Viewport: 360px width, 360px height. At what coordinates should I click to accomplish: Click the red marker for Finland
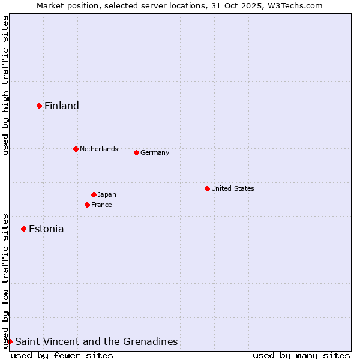pos(40,106)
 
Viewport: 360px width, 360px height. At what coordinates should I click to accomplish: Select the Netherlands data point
pos(76,149)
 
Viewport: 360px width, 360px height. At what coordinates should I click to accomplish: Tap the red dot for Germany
pos(136,152)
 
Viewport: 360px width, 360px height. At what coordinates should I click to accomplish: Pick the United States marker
pos(207,188)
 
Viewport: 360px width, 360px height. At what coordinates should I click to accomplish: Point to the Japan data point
pos(94,194)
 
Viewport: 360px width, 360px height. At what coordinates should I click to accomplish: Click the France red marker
pos(87,205)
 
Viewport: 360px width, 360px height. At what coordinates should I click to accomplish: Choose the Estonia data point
pos(24,229)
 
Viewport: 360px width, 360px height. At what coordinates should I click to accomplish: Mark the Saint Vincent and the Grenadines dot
pos(10,341)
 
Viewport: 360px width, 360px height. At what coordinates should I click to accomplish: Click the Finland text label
pos(62,106)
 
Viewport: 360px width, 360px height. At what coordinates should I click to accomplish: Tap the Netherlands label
pos(99,149)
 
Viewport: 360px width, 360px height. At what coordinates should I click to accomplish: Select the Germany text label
pos(155,152)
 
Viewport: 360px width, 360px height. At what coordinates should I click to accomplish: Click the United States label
pos(233,188)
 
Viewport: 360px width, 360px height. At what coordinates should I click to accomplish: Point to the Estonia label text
pos(46,229)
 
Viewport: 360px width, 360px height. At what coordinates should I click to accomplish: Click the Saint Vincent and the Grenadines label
pos(96,342)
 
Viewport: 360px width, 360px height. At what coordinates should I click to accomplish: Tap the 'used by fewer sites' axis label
pos(62,355)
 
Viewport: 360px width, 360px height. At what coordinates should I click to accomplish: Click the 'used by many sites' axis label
pos(301,355)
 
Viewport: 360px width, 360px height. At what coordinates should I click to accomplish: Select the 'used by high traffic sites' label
pos(5,86)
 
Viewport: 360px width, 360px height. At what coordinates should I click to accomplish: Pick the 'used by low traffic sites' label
pos(5,281)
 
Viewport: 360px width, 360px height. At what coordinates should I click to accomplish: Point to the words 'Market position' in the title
pos(64,5)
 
